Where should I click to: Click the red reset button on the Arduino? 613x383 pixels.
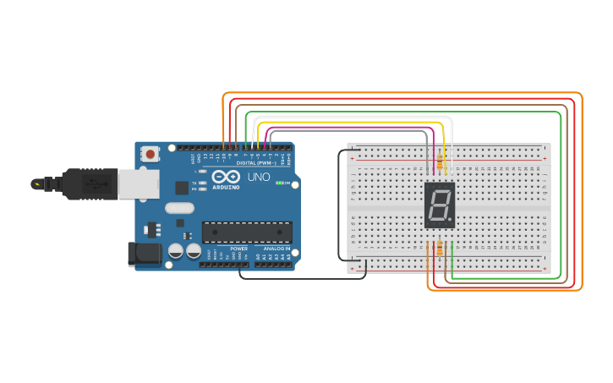(151, 154)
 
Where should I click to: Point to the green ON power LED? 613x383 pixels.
(280, 183)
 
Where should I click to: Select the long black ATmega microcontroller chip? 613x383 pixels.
(247, 232)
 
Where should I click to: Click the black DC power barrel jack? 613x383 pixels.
(144, 254)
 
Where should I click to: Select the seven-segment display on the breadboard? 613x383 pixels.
(440, 205)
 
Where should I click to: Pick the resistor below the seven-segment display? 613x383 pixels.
(440, 249)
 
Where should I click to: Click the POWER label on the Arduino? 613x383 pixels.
(239, 249)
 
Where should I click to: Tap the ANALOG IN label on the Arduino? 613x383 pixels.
(276, 249)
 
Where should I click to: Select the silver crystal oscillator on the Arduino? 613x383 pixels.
(179, 207)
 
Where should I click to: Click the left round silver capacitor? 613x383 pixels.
(176, 251)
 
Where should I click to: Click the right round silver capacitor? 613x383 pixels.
(194, 251)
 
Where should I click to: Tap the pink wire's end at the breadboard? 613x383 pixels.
(435, 164)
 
